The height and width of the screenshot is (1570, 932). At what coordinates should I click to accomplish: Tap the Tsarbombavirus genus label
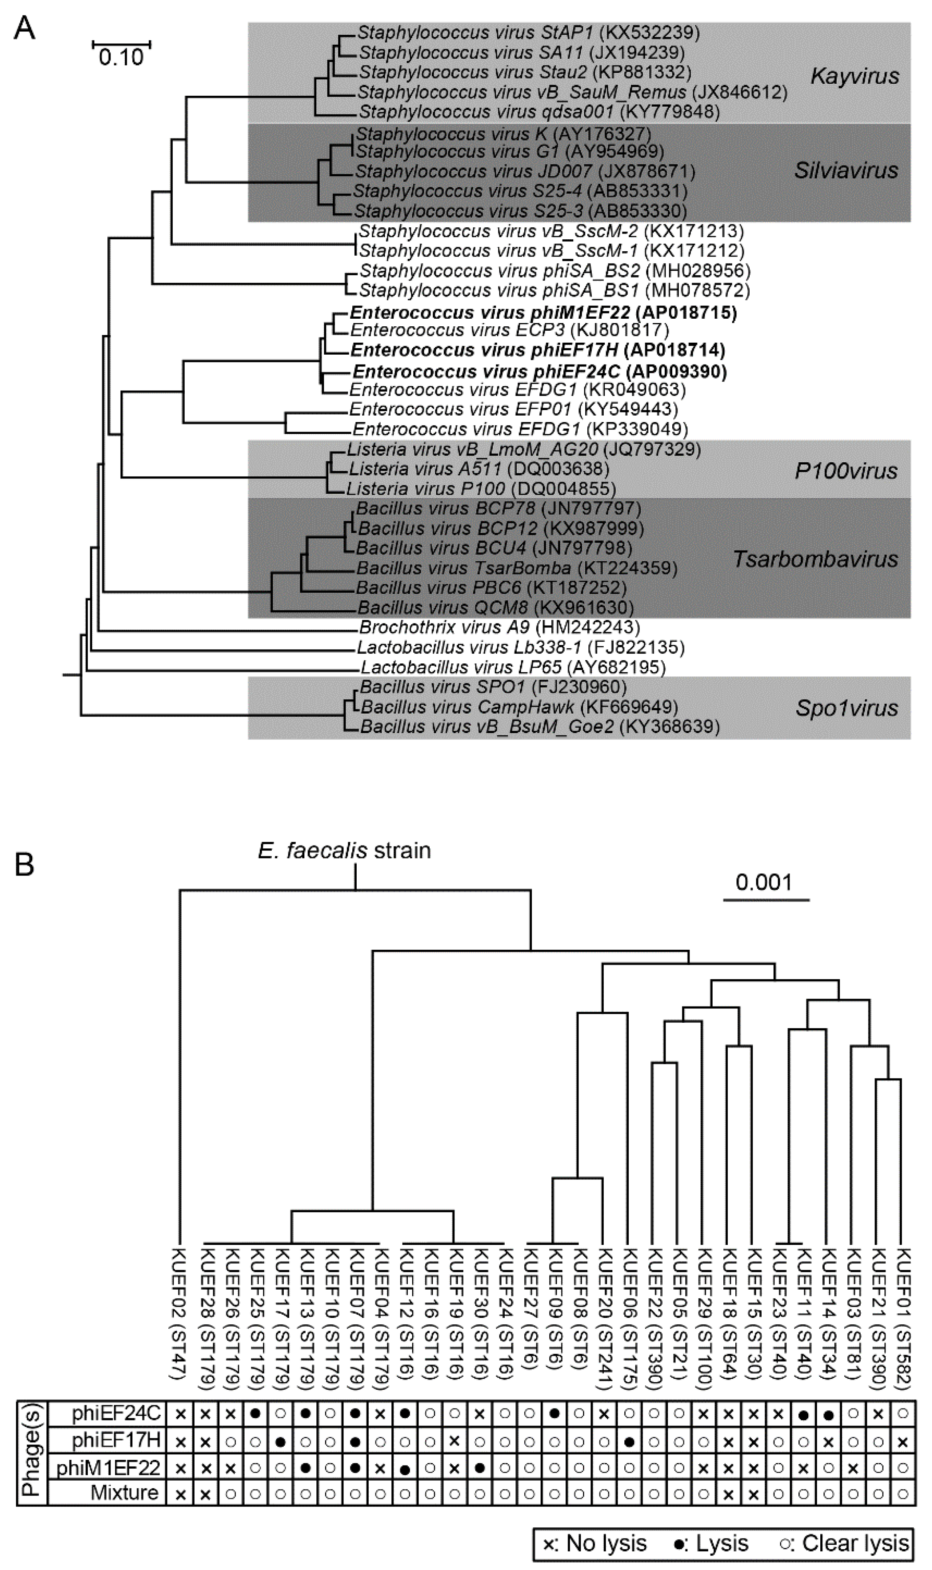tap(815, 559)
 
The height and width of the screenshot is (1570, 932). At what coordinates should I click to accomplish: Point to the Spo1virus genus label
tap(847, 708)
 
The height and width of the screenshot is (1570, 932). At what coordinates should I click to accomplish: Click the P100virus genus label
tap(845, 471)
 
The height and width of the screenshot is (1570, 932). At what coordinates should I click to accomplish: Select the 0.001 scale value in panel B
tap(764, 883)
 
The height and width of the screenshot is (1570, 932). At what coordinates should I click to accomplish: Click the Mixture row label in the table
tap(124, 1492)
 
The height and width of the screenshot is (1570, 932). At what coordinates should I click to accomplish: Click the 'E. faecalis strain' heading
tap(344, 850)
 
